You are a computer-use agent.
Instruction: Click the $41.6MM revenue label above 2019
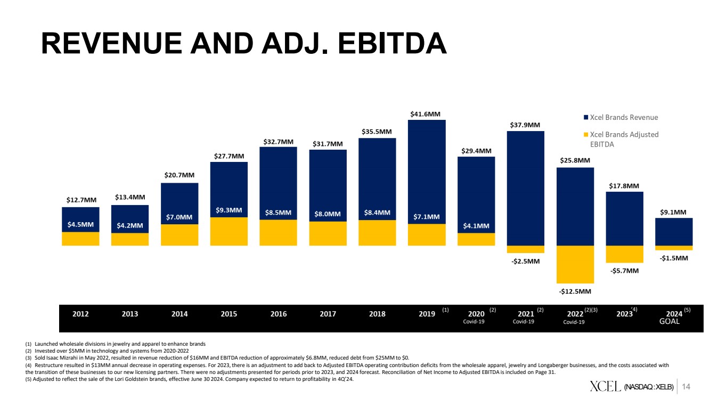point(425,114)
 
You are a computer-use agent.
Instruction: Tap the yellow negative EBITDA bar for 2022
point(575,264)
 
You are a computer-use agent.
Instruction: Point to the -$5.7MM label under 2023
point(624,271)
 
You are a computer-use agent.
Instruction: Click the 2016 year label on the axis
point(278,314)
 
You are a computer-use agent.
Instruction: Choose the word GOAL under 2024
point(670,322)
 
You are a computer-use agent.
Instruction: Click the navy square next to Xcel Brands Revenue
point(585,118)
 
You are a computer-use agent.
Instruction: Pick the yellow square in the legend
point(585,135)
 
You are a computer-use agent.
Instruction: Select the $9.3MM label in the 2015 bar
point(228,210)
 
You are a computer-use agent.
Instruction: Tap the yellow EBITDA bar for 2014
point(179,235)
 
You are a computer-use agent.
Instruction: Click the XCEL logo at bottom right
point(605,386)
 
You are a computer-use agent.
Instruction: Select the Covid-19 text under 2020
point(474,322)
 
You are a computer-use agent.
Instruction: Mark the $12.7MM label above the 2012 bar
point(81,200)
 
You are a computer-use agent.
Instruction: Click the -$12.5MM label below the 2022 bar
point(575,291)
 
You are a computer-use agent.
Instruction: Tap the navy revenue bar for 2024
point(674,231)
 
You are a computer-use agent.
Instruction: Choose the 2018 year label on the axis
point(377,314)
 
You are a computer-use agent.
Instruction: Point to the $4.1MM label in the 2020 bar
point(476,226)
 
